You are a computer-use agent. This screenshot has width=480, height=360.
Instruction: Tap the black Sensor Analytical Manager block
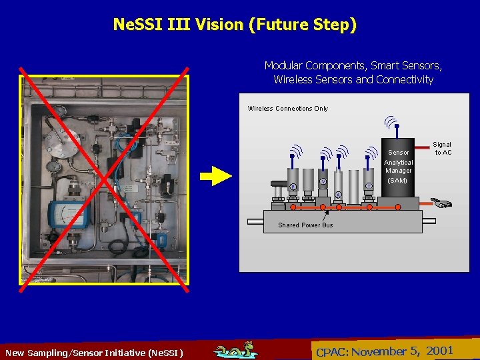click(399, 167)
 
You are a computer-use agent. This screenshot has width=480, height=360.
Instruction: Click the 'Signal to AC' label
click(443, 148)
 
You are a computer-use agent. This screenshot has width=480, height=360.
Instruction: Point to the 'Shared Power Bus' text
click(305, 225)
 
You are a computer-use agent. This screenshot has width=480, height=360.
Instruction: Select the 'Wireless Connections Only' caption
click(288, 109)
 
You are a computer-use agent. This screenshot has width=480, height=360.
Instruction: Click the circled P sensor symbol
click(292, 187)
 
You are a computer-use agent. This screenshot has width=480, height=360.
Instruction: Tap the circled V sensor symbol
click(323, 181)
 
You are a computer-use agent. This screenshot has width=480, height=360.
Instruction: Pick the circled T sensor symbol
click(369, 186)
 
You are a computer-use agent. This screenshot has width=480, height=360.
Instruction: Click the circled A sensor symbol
click(338, 195)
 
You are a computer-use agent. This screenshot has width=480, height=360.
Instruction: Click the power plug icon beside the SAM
click(440, 202)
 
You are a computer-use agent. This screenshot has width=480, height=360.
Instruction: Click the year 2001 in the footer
click(439, 351)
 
